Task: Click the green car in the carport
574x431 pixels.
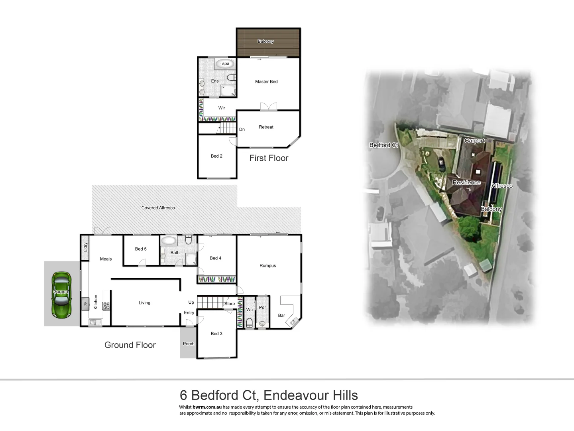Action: click(61, 295)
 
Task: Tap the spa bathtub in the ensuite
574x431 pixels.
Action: click(225, 63)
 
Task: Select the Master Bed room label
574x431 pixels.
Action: click(266, 81)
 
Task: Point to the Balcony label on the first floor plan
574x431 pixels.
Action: click(265, 42)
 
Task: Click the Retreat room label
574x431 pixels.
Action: click(266, 127)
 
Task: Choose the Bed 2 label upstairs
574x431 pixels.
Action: click(216, 156)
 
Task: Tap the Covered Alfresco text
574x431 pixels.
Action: click(158, 208)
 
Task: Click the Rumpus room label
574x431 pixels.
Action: click(267, 265)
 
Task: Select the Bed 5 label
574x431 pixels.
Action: click(141, 249)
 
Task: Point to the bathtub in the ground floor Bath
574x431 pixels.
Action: click(169, 241)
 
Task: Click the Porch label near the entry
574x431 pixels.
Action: click(189, 344)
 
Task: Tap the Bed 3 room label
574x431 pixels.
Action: click(216, 334)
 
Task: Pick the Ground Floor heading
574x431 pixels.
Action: click(130, 345)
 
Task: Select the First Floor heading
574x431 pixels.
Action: click(269, 158)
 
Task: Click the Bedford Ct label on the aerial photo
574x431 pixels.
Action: click(383, 145)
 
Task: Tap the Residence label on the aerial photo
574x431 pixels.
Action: click(466, 182)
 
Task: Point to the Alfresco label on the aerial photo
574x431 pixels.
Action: click(502, 186)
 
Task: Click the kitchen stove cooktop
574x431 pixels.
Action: click(106, 306)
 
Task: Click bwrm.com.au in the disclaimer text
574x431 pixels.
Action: click(207, 407)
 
